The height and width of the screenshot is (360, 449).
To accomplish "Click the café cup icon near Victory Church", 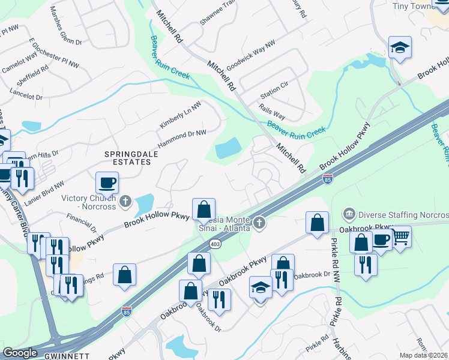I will [x=107, y=182].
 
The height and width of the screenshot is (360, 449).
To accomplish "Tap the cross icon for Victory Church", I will [x=125, y=200].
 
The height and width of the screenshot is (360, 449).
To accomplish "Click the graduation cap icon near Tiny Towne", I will [x=399, y=47].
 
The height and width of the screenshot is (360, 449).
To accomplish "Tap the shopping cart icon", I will [x=400, y=238].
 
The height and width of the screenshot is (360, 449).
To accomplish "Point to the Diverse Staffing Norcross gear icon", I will [x=349, y=214].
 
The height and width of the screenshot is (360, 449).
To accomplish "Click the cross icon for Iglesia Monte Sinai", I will [x=259, y=223].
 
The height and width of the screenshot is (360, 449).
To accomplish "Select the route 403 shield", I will [x=215, y=244].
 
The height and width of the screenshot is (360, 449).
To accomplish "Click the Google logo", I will [x=20, y=353].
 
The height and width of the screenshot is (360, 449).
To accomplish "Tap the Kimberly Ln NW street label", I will [x=180, y=114].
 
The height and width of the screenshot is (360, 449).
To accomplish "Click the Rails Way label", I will [x=271, y=112].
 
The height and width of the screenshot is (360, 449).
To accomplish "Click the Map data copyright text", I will [x=424, y=355].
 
